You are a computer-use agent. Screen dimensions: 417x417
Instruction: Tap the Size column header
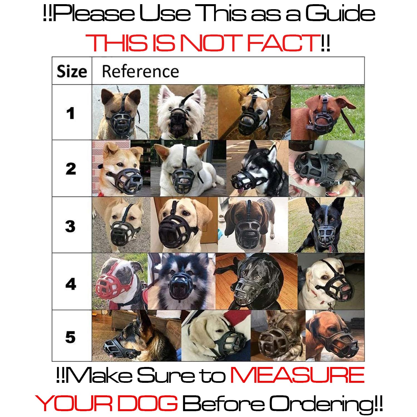[x=72, y=72]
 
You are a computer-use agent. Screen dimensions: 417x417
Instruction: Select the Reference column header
[x=140, y=71]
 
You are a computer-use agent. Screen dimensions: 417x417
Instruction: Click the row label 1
[x=71, y=113]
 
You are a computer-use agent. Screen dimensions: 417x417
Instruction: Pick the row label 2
[x=71, y=169]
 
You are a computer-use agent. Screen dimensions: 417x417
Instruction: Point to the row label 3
[x=70, y=226]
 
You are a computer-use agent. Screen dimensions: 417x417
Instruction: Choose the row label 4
[x=71, y=284]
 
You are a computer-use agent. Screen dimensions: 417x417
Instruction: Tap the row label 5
[x=70, y=337]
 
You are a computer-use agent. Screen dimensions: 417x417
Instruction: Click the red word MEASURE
[x=297, y=375]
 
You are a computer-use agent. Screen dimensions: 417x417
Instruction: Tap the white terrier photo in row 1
[x=184, y=112]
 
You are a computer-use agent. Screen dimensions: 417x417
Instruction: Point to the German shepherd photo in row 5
[x=136, y=336]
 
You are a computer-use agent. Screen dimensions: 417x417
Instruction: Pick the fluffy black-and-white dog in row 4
[x=182, y=281]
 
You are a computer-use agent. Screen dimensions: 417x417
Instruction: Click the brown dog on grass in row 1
[x=327, y=112]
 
